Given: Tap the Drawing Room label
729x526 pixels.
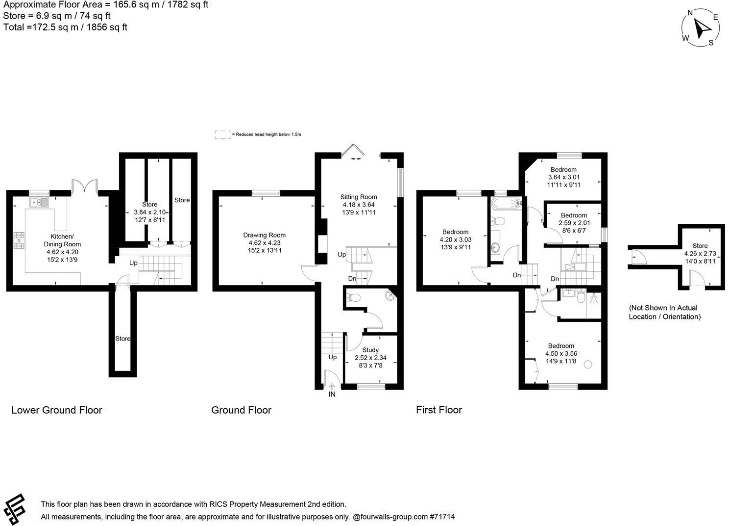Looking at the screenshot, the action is (264, 235).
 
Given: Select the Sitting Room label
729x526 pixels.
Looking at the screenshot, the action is (359, 197).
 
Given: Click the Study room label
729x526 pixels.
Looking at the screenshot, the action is (370, 350).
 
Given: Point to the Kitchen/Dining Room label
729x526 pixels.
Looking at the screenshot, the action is (62, 240).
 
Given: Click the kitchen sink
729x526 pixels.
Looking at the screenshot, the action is (39, 202).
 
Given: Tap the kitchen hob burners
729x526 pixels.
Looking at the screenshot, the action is (19, 240).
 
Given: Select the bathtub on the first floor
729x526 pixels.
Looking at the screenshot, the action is (507, 203).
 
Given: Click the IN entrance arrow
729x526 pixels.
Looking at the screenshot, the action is (332, 387).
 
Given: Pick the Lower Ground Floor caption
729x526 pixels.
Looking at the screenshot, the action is (57, 410).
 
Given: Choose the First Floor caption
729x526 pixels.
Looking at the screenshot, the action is (438, 410).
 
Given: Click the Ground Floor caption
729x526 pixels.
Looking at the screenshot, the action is (241, 410).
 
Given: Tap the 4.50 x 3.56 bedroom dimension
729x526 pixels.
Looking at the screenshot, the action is (561, 353).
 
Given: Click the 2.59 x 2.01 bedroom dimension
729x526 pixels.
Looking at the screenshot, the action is (574, 223).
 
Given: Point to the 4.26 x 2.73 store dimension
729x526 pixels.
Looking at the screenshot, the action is (700, 253).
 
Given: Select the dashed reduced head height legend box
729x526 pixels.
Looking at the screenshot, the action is (222, 134).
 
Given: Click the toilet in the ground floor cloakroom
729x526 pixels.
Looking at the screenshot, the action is (353, 297).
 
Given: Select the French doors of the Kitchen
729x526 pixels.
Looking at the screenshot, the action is (85, 187).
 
